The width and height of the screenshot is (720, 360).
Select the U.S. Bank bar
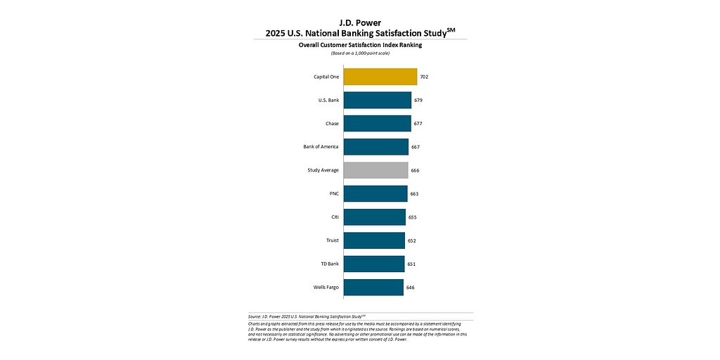[378, 100]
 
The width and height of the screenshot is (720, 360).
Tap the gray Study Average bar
[375, 170]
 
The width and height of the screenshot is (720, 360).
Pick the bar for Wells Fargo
[373, 287]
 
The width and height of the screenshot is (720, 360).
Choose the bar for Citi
[375, 217]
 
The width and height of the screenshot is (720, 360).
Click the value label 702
[424, 77]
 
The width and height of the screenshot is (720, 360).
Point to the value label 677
[418, 124]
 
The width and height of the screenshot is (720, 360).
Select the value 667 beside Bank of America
[416, 147]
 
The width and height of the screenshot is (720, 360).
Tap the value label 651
[411, 264]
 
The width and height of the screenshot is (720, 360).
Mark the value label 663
[414, 193]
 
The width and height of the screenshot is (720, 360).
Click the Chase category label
[332, 124]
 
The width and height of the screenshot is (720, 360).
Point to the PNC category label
[334, 193]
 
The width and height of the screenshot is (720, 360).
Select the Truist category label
[331, 240]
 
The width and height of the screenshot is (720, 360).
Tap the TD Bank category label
[329, 264]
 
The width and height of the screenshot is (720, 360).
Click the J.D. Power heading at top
[360, 22]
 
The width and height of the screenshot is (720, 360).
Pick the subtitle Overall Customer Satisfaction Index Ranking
[360, 45]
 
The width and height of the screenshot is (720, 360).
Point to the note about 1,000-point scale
[360, 53]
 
